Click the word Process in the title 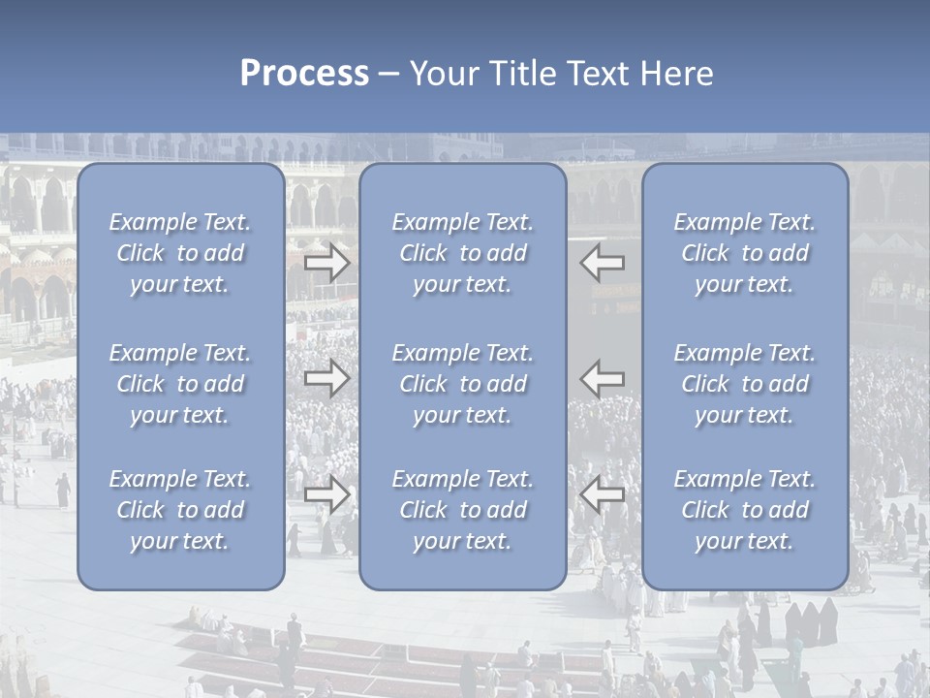click(x=304, y=74)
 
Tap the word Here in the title click(x=676, y=74)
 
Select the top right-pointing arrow click(x=327, y=263)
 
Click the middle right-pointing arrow click(x=327, y=378)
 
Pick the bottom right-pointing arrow click(x=327, y=494)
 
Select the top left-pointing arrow click(x=603, y=263)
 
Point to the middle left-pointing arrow click(x=603, y=378)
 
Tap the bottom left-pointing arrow click(x=603, y=494)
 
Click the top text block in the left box click(x=180, y=253)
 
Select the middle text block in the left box click(x=180, y=384)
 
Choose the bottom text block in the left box click(x=180, y=510)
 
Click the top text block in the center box click(x=463, y=253)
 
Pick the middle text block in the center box click(x=463, y=384)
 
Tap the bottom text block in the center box click(x=463, y=510)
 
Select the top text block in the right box click(x=745, y=253)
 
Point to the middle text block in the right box click(x=745, y=384)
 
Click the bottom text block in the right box click(x=745, y=510)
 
